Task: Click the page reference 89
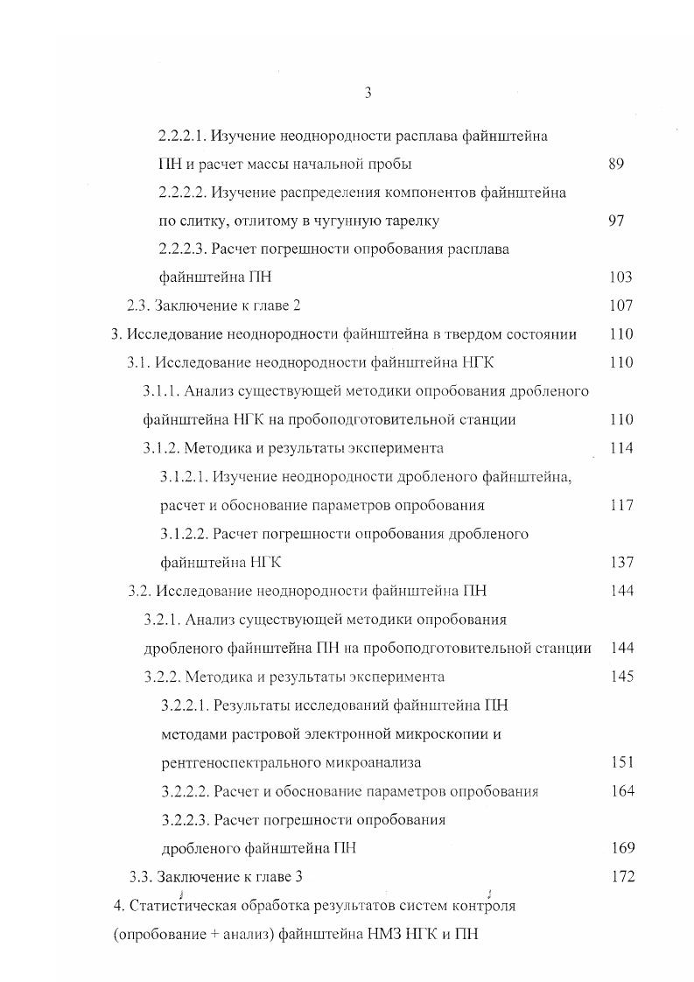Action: [615, 164]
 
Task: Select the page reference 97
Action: [615, 221]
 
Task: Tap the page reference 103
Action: [620, 277]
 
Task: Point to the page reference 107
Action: [620, 305]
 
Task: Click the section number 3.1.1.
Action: [161, 391]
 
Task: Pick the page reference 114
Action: [620, 448]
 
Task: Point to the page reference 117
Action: [620, 505]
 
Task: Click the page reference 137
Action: [620, 562]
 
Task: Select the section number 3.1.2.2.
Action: [185, 534]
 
